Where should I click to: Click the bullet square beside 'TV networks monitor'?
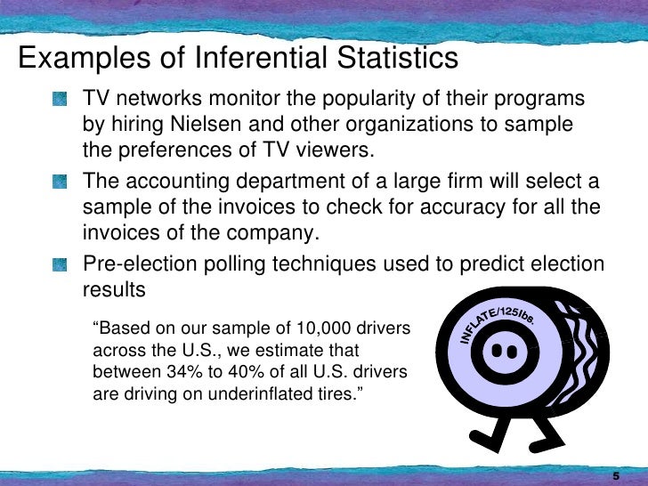(x=60, y=99)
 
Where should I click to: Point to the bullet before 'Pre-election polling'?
(x=60, y=265)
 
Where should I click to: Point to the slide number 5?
(x=615, y=474)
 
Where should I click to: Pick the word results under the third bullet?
(x=113, y=290)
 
